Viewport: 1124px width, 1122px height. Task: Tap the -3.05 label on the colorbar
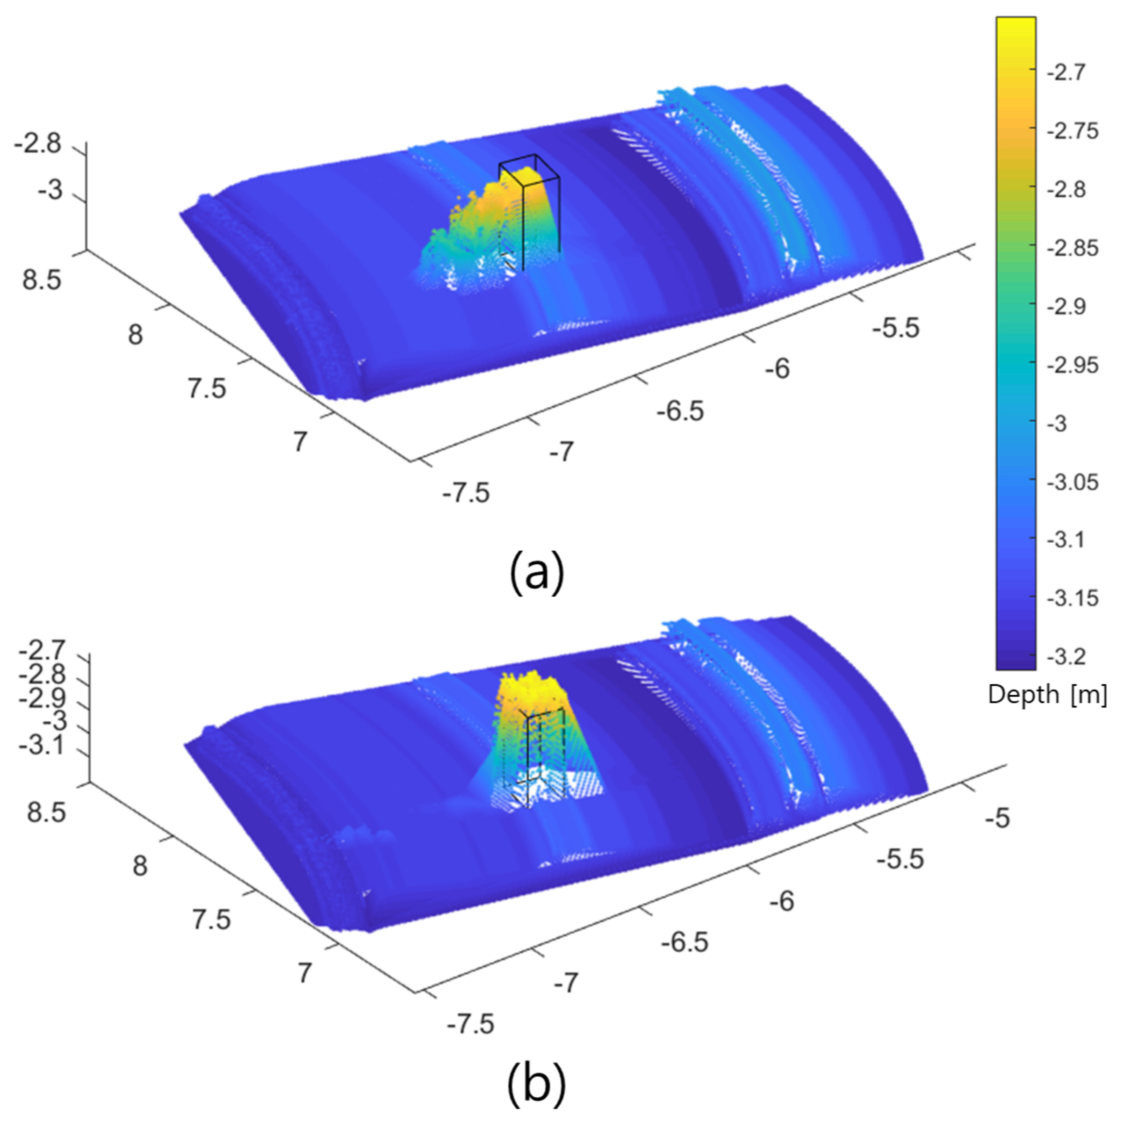point(1072,482)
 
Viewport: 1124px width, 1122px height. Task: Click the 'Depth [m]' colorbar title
point(1047,695)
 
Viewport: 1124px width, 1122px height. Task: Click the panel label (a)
point(536,573)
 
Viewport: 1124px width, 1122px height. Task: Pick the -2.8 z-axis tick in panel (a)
point(38,144)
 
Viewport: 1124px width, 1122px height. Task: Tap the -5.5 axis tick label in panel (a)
point(895,327)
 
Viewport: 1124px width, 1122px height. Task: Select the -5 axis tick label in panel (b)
point(997,818)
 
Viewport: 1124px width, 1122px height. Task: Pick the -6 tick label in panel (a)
point(778,369)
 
